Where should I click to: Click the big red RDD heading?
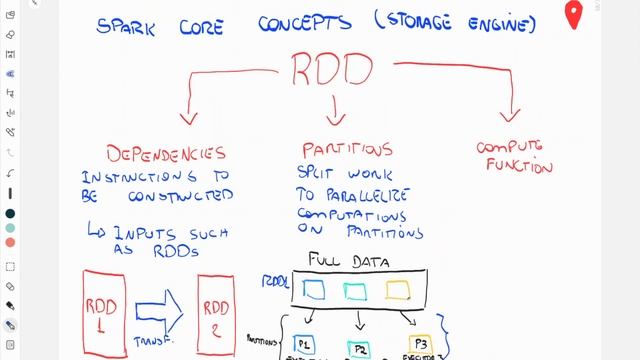[333, 69]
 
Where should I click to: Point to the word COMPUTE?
[514, 148]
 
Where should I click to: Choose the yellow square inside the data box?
[397, 290]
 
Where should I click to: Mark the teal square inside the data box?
[357, 290]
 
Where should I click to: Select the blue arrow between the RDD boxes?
[161, 311]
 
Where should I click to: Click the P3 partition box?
[421, 344]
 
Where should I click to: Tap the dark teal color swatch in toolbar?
[9, 213]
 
